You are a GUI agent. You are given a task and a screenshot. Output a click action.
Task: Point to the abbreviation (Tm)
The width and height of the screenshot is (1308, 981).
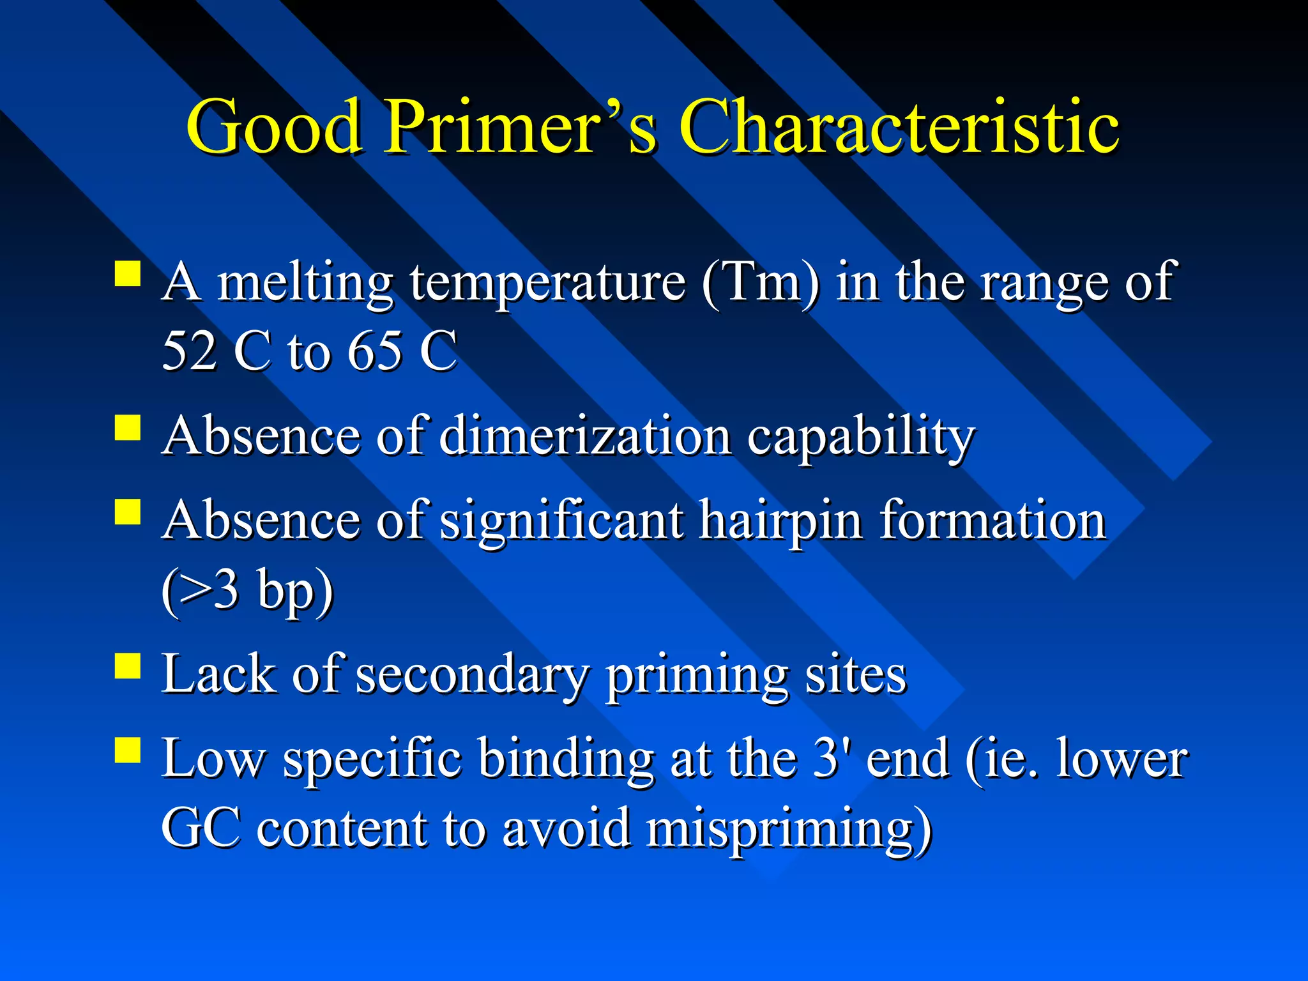coord(760,282)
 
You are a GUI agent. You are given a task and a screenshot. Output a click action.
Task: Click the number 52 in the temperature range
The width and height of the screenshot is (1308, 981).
coord(189,351)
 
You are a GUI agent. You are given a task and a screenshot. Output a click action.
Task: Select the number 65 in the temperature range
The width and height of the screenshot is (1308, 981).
coord(374,351)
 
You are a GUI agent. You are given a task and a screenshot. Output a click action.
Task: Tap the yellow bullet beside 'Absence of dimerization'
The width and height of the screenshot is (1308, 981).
coord(128,428)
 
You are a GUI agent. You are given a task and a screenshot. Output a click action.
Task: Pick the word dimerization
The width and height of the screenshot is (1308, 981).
coord(585,437)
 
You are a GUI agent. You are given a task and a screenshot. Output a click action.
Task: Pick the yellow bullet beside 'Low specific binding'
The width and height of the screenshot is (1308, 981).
coord(128,750)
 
